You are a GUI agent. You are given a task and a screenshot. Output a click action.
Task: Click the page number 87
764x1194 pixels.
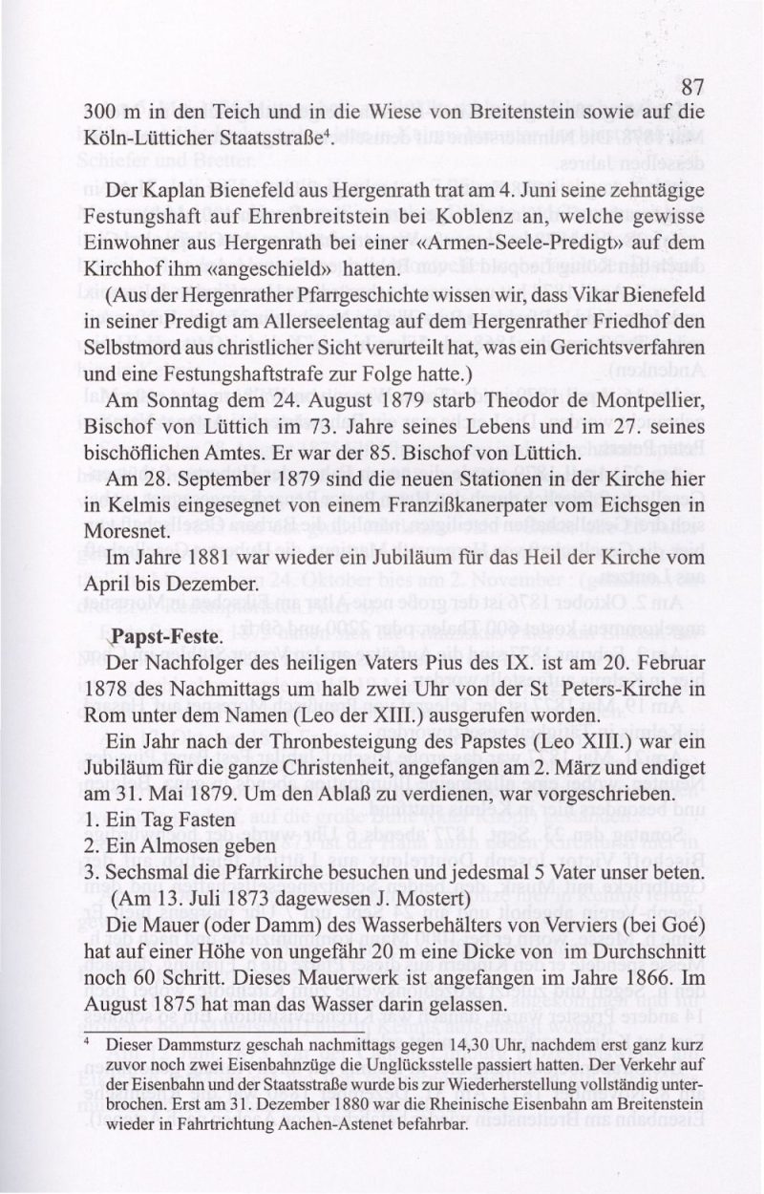[x=691, y=87]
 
